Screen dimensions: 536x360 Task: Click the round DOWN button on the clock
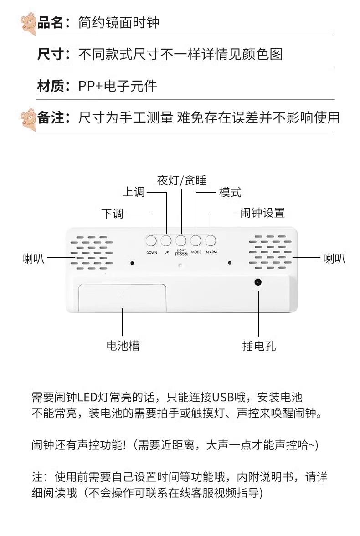151,240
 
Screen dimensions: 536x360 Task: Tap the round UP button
166,240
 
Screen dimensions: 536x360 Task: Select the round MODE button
196,240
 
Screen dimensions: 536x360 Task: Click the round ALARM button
211,240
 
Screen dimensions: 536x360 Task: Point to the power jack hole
258,283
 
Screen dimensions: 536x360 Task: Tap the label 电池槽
123,346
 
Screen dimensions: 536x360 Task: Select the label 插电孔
258,346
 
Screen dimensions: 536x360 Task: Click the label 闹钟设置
262,213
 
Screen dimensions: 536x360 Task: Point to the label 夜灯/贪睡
181,181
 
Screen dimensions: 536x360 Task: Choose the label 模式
230,192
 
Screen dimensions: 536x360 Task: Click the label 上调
134,192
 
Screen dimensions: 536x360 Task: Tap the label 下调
112,213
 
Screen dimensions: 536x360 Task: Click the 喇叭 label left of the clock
33,259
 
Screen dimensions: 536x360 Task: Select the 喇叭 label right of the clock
334,259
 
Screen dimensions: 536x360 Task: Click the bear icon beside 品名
28,23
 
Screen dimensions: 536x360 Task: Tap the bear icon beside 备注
28,118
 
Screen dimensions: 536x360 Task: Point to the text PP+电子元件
118,86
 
